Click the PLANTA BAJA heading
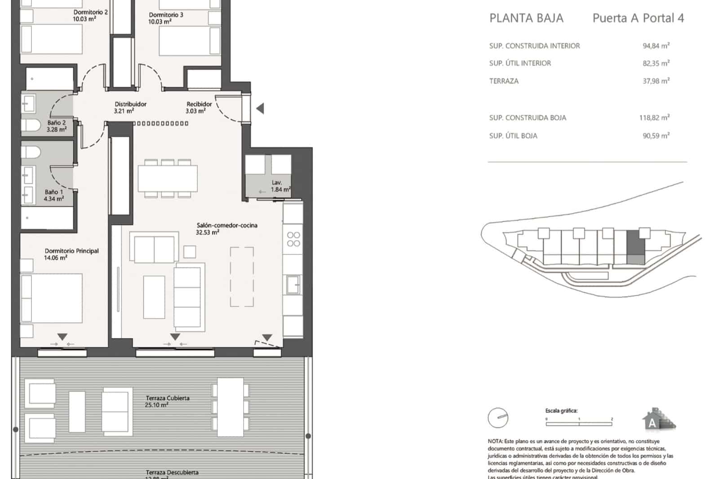pyautogui.click(x=526, y=18)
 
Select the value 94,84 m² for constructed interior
pyautogui.click(x=656, y=45)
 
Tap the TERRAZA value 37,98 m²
pyautogui.click(x=656, y=81)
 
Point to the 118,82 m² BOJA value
pyautogui.click(x=654, y=118)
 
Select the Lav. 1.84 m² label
pyautogui.click(x=280, y=186)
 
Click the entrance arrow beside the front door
pyautogui.click(x=260, y=108)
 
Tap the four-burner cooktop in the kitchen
pyautogui.click(x=293, y=239)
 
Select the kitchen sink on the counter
pyautogui.click(x=293, y=284)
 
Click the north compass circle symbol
pyautogui.click(x=498, y=418)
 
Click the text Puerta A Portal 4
pyautogui.click(x=638, y=18)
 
